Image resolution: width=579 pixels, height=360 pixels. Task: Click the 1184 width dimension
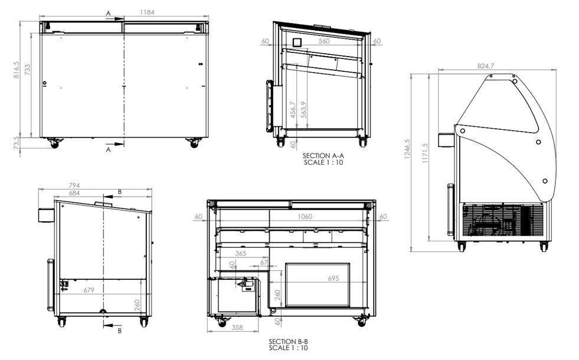pos(147,12)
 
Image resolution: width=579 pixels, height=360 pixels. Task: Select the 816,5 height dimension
pos(17,70)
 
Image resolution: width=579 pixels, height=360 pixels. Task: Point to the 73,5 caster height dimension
pos(17,143)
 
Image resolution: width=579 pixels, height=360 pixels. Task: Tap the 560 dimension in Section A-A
pos(324,41)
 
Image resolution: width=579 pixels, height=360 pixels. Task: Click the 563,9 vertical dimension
pos(304,110)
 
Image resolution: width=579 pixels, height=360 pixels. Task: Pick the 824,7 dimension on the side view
pos(486,66)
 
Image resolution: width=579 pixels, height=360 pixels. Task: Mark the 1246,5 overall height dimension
pos(407,149)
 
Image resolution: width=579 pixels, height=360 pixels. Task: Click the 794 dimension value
pos(74,185)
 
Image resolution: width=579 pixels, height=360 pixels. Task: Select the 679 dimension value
pos(89,290)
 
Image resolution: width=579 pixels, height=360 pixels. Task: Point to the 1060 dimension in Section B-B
pos(305,217)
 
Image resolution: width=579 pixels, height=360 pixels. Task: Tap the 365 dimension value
pos(240,254)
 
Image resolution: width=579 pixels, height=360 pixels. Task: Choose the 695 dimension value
pos(333,279)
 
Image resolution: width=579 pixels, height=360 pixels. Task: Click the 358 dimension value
pos(237,328)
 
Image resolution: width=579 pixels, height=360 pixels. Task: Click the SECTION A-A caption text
pos(323,159)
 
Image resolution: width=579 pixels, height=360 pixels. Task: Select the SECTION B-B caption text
pos(288,345)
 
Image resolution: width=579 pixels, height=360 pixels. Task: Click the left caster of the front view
pos(54,143)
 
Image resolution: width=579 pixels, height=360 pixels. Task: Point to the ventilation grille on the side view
pos(503,221)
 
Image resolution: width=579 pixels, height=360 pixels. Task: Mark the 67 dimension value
pos(264,262)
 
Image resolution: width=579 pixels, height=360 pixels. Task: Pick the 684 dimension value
pos(74,193)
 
